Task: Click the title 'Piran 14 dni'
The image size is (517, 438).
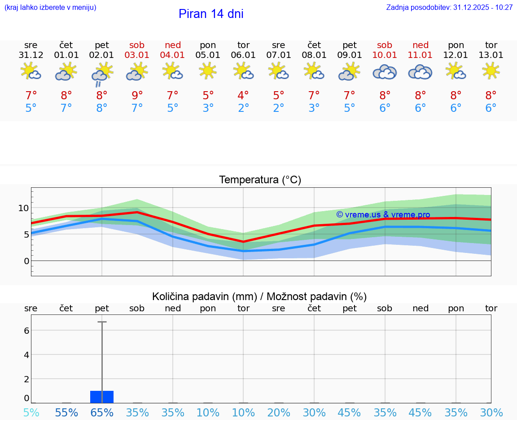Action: point(211,14)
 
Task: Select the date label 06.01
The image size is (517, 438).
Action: point(243,55)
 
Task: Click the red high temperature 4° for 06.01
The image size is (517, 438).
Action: point(243,96)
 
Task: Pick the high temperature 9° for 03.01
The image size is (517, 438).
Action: point(137,96)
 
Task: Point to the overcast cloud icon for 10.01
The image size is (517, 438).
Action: point(385,72)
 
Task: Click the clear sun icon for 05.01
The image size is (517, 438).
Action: point(208,71)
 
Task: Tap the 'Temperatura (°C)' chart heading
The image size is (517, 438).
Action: point(260,180)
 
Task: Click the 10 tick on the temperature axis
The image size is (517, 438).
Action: point(23,208)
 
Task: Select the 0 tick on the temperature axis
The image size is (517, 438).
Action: point(26,261)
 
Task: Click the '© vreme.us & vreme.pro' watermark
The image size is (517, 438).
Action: point(383,215)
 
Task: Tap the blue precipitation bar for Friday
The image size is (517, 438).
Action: point(102,397)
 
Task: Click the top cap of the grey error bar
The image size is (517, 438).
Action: point(102,322)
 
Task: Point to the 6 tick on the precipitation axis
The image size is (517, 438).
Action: point(26,331)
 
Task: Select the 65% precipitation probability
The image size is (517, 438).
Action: point(102,413)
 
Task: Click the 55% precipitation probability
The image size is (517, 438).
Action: point(66,413)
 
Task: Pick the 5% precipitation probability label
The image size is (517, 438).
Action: point(31,413)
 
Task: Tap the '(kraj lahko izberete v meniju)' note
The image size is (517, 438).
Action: point(50,8)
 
